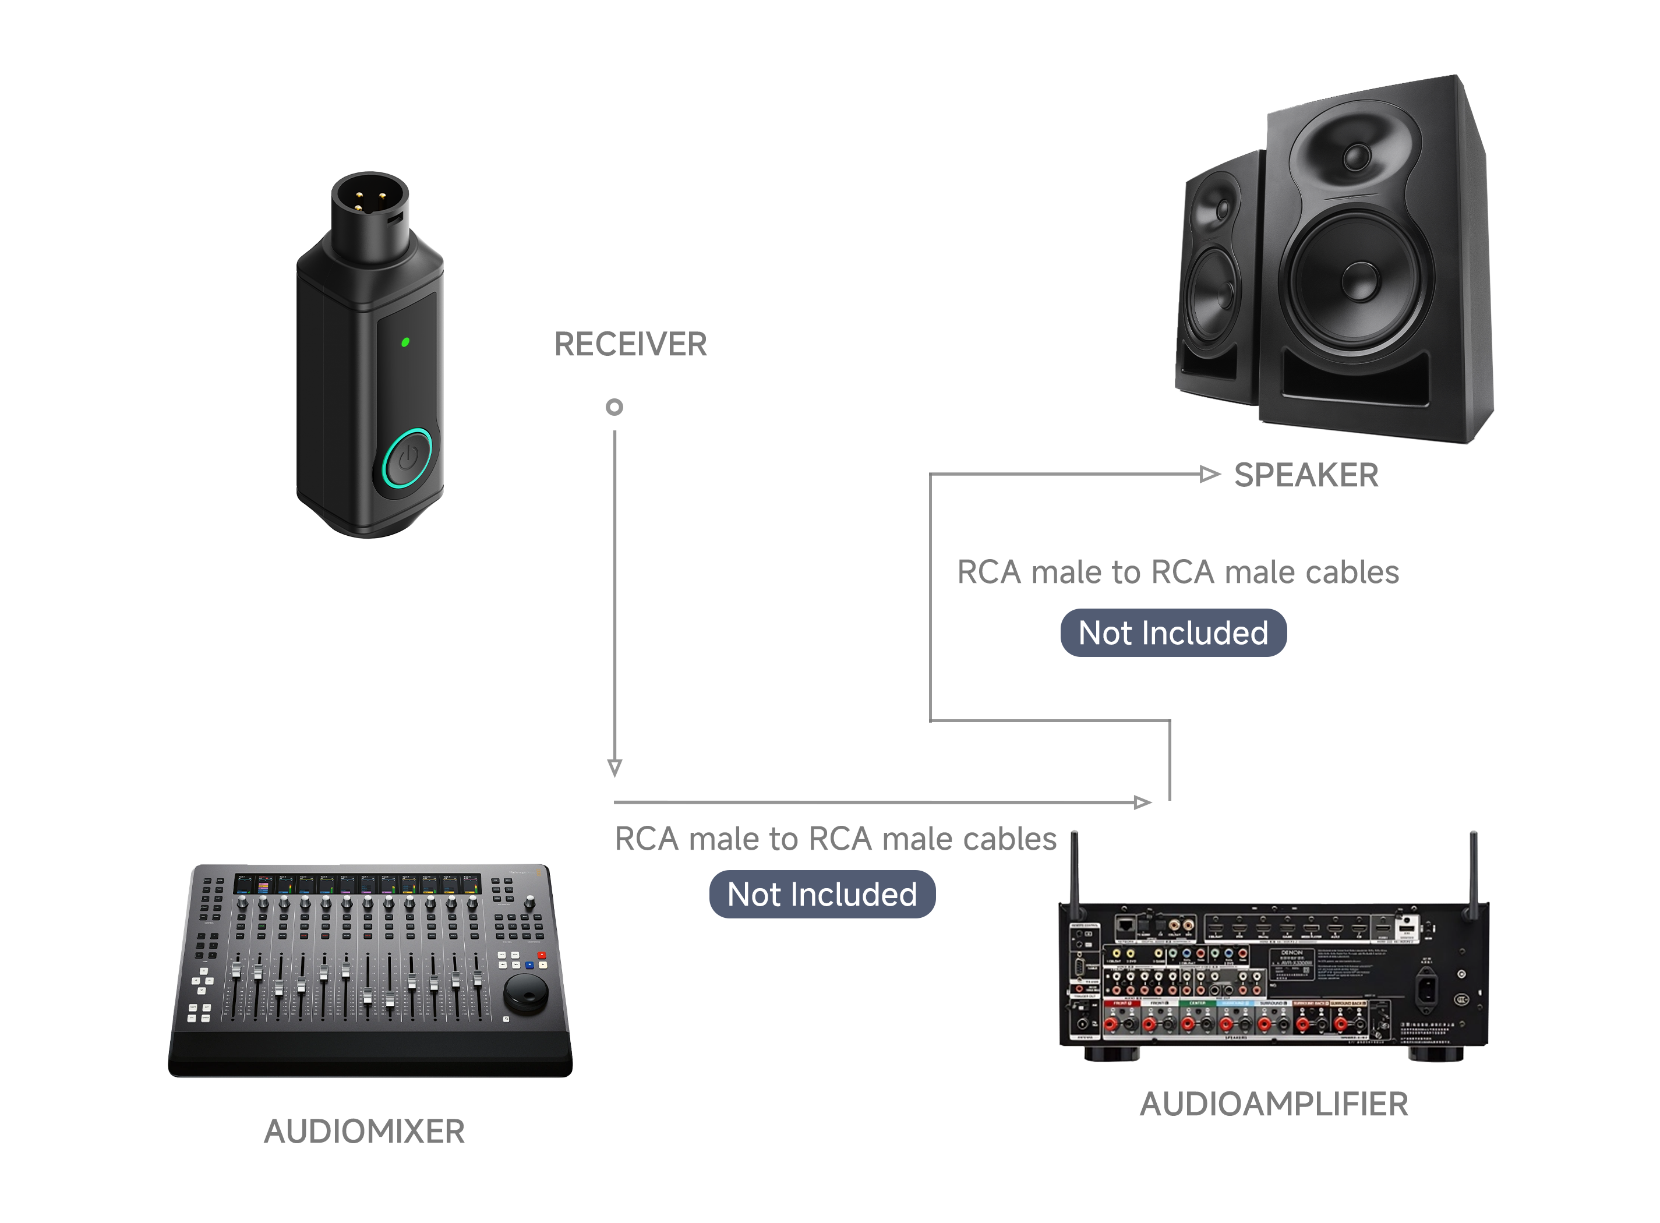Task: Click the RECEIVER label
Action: (630, 344)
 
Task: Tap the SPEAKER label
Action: (1305, 475)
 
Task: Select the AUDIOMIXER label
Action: (364, 1131)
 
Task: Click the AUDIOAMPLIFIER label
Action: (1273, 1104)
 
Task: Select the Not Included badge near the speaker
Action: (1173, 633)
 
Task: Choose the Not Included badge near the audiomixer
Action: (822, 895)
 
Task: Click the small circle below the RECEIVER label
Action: (614, 407)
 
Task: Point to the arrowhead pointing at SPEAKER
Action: (1209, 474)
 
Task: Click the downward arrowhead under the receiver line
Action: (614, 768)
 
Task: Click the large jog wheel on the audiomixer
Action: (526, 993)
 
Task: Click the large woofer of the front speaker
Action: (1357, 281)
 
